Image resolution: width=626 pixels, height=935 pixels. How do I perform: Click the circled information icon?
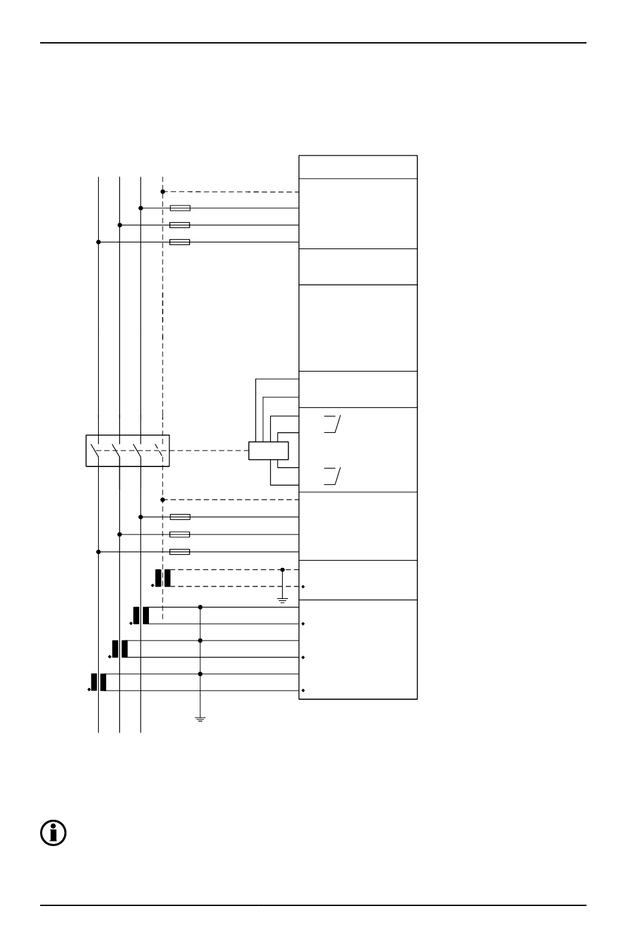[x=53, y=833]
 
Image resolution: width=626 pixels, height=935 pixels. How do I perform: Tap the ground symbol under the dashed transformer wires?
[x=282, y=600]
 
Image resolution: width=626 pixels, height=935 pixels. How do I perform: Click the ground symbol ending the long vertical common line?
[x=200, y=718]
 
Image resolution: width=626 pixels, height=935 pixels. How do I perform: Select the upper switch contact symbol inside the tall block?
[x=333, y=424]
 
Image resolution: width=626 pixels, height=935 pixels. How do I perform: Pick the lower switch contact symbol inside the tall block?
[x=333, y=475]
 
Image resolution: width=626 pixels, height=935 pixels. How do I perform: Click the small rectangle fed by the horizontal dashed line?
[x=268, y=451]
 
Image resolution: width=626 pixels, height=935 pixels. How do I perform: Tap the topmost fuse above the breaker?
[x=180, y=208]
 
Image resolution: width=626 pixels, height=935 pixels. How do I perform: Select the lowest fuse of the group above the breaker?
[x=180, y=242]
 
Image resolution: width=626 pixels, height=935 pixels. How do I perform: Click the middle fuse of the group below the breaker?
[x=180, y=534]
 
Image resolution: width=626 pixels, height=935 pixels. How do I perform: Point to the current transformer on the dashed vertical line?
[x=163, y=578]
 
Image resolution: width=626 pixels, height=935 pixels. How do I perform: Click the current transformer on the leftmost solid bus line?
[x=98, y=682]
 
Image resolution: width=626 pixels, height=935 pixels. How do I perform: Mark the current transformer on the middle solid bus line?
[x=119, y=648]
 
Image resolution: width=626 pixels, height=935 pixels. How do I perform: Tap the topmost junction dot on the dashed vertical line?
[x=163, y=192]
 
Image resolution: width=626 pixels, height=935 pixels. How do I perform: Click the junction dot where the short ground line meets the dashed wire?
[x=282, y=569]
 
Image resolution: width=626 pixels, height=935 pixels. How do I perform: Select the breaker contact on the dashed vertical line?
[x=159, y=451]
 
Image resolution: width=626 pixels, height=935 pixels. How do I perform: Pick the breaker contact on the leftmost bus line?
[x=96, y=451]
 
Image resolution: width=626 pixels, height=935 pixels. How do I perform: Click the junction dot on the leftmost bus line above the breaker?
[x=98, y=242]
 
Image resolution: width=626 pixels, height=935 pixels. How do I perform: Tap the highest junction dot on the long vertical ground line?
[x=200, y=607]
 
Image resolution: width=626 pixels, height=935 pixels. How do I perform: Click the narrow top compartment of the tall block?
[x=358, y=167]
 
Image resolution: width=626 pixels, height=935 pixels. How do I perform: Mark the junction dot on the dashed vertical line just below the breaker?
[x=163, y=500]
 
